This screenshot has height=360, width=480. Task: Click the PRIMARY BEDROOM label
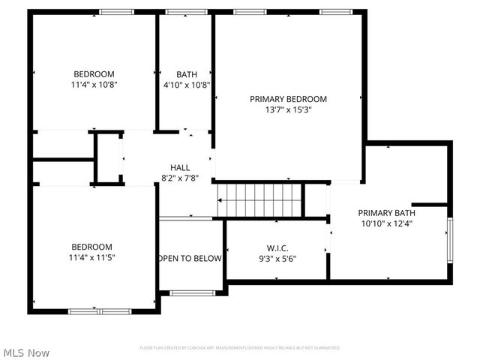[289, 99]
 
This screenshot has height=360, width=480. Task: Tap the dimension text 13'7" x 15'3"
[289, 109]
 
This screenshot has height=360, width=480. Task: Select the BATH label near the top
[187, 74]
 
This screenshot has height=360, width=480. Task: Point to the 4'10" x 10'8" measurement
[187, 85]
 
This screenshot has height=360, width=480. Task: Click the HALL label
[180, 167]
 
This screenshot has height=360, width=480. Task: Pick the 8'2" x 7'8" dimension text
[180, 178]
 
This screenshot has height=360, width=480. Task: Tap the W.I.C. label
[277, 248]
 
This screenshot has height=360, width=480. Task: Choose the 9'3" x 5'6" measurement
[277, 259]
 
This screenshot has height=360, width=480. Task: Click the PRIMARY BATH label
[386, 212]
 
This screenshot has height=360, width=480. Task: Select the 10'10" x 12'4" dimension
[386, 223]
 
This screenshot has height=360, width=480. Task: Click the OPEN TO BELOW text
[190, 259]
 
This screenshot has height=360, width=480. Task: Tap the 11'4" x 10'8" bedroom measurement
[94, 85]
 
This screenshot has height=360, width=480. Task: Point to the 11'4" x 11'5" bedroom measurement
[92, 257]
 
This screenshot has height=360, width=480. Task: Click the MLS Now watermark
[26, 352]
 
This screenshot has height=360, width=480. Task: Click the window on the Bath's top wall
[187, 12]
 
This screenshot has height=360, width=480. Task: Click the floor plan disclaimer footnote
[240, 348]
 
